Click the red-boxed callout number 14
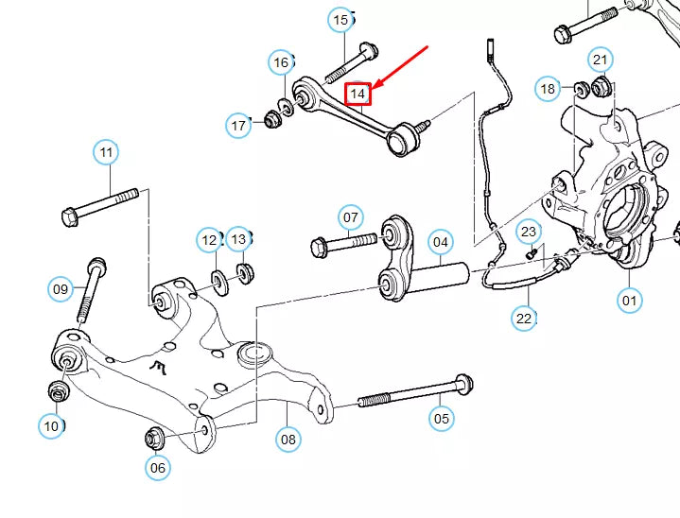[x=358, y=94]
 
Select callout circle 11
[x=106, y=151]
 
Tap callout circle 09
[x=61, y=288]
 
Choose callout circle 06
[x=158, y=467]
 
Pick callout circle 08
[x=288, y=439]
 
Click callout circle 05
[x=442, y=417]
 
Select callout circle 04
[x=441, y=242]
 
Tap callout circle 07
[x=351, y=217]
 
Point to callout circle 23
[x=529, y=231]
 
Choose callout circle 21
[x=600, y=60]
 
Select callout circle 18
[x=549, y=90]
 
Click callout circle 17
[x=239, y=124]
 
